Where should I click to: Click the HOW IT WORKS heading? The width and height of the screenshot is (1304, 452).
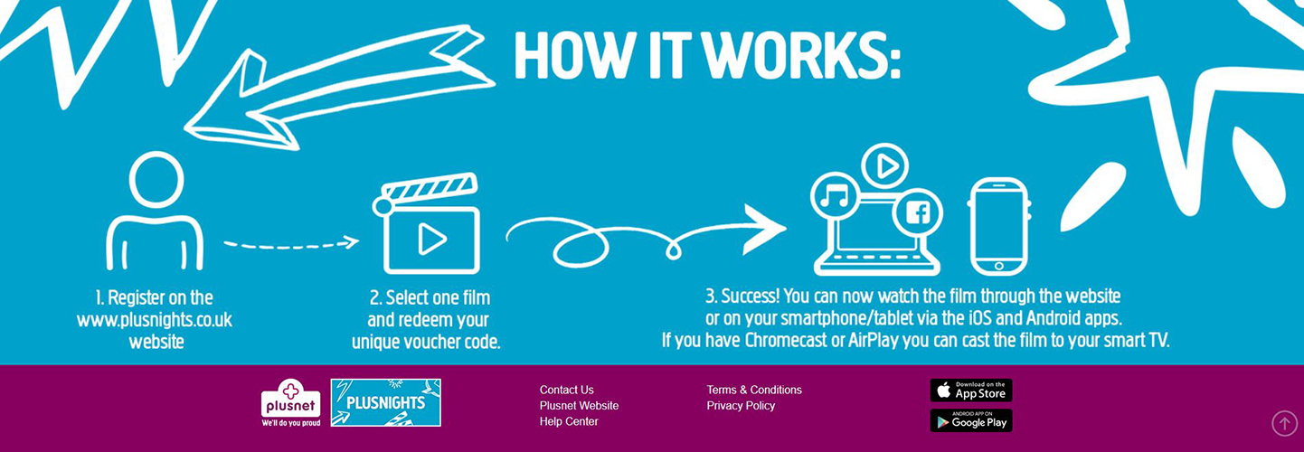(x=707, y=55)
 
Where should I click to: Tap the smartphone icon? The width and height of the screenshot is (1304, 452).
(x=998, y=227)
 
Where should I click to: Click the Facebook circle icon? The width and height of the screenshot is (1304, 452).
(x=917, y=213)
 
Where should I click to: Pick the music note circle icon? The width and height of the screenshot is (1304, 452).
(x=836, y=197)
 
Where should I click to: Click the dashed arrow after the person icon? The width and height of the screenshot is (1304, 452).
(x=291, y=245)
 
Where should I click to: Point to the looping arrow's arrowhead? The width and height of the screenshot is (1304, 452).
(x=766, y=229)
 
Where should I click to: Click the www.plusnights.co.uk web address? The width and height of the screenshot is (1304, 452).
(x=155, y=320)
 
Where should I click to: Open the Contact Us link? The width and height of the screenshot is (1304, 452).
(x=566, y=390)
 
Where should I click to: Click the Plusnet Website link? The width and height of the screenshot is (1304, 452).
(x=579, y=406)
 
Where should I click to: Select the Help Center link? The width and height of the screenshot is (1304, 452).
(x=569, y=421)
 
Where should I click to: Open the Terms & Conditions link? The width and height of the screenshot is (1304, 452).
(x=754, y=390)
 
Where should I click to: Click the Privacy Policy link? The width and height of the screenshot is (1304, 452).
(x=741, y=406)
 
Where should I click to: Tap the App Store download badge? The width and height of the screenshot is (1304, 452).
(x=971, y=391)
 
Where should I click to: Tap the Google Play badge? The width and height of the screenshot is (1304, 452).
(x=971, y=420)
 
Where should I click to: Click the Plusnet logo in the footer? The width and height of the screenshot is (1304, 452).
(x=290, y=403)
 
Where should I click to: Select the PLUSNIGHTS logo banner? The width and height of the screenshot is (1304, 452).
(x=385, y=402)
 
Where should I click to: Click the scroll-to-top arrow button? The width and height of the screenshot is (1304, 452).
(x=1284, y=423)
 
